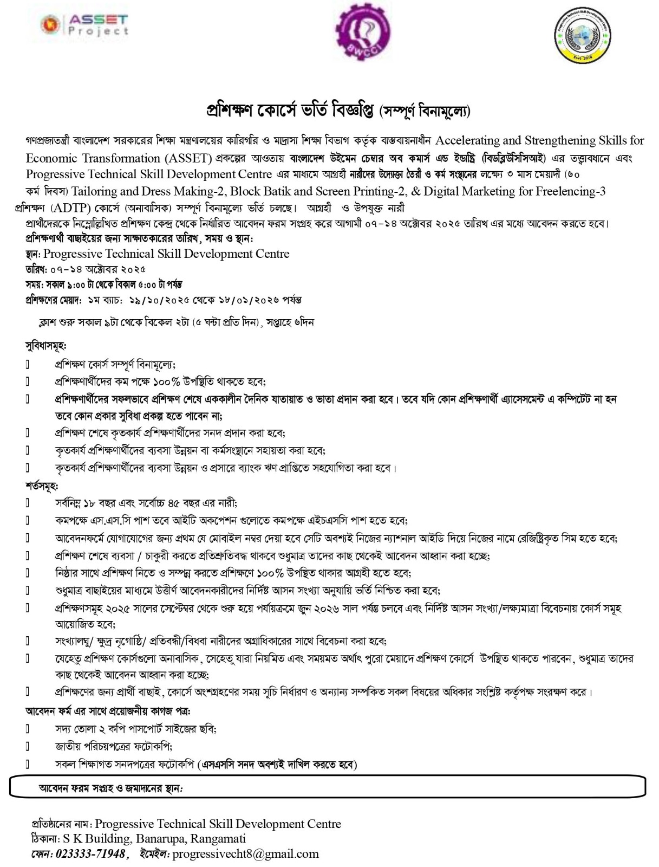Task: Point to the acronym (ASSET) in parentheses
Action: point(187,158)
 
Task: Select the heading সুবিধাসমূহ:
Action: point(45,345)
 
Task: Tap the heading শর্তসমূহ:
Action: point(42,485)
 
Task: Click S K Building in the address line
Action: point(96,839)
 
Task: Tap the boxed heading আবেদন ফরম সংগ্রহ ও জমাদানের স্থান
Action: point(112,788)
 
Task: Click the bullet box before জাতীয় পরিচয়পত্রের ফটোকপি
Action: point(28,747)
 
